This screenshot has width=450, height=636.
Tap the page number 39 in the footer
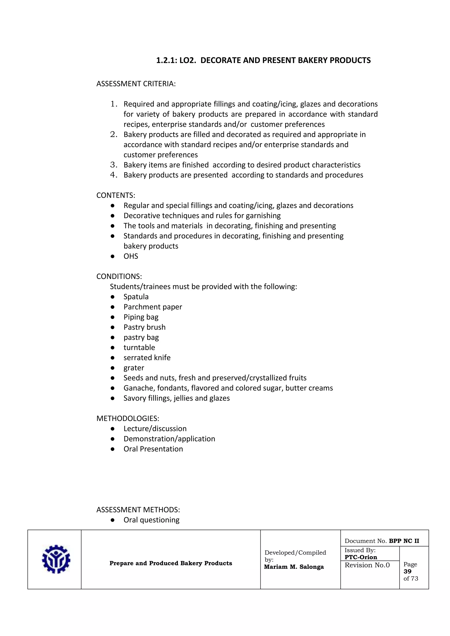click(x=407, y=571)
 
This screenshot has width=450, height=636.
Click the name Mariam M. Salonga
click(x=294, y=567)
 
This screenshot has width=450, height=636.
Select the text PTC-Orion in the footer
click(x=361, y=557)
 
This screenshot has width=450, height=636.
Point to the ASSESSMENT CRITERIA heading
click(x=136, y=84)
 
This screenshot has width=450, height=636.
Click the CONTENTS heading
click(x=116, y=195)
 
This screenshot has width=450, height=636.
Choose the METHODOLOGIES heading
click(x=128, y=419)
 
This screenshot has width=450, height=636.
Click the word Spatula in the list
click(x=136, y=297)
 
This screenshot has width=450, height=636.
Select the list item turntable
click(x=139, y=347)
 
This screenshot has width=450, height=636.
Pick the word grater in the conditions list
click(x=134, y=368)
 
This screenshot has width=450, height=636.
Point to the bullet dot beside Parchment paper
click(x=112, y=307)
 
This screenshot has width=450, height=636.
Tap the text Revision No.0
click(x=367, y=565)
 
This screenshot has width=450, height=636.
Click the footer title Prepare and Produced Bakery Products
click(x=171, y=563)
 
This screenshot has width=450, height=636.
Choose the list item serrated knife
click(x=147, y=358)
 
